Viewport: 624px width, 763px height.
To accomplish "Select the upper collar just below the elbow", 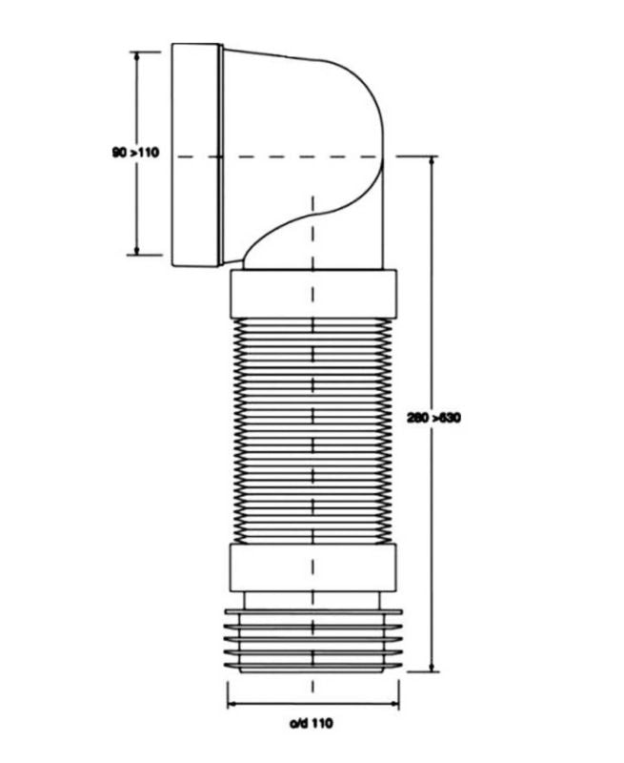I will (x=312, y=294).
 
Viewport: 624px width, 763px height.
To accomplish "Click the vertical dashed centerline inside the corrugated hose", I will (x=312, y=429).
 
